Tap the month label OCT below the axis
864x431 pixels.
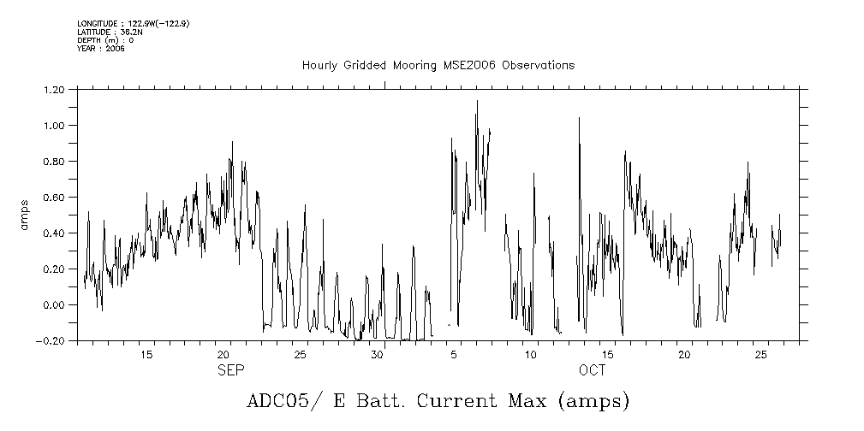click(x=592, y=370)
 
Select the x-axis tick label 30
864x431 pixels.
click(x=377, y=355)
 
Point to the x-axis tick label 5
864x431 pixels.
click(x=454, y=355)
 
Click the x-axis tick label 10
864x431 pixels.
click(x=531, y=355)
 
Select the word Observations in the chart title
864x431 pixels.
click(x=539, y=66)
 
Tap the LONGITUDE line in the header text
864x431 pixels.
click(x=133, y=24)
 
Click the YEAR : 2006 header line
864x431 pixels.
click(x=101, y=50)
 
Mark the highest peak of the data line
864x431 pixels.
click(x=477, y=101)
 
